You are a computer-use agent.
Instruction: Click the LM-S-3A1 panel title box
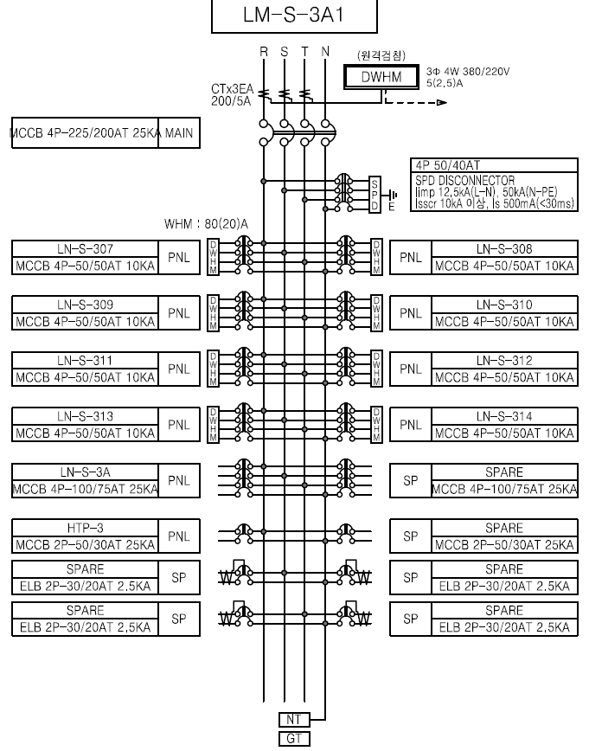[294, 16]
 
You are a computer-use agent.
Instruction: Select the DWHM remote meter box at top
[381, 77]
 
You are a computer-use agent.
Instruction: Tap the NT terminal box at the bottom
[294, 719]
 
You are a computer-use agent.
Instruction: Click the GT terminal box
[294, 739]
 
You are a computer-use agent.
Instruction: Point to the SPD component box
[375, 195]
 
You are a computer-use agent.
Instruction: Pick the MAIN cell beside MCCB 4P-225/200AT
[179, 132]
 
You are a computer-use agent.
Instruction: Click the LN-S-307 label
[86, 249]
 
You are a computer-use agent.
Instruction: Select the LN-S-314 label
[504, 417]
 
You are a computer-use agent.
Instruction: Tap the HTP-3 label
[86, 529]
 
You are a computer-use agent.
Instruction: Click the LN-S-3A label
[86, 472]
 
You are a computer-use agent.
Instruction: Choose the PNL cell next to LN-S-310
[411, 313]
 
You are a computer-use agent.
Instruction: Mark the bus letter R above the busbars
[264, 52]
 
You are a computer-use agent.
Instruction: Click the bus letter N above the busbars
[325, 52]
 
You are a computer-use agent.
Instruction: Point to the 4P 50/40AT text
[448, 166]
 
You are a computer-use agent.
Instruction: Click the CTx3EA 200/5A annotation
[232, 95]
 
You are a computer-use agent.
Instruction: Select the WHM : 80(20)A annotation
[207, 224]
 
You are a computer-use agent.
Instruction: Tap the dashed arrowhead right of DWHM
[442, 102]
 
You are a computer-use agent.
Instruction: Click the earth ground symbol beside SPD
[394, 195]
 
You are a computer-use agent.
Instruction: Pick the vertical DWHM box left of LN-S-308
[377, 257]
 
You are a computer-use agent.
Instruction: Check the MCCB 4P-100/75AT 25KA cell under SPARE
[504, 489]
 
